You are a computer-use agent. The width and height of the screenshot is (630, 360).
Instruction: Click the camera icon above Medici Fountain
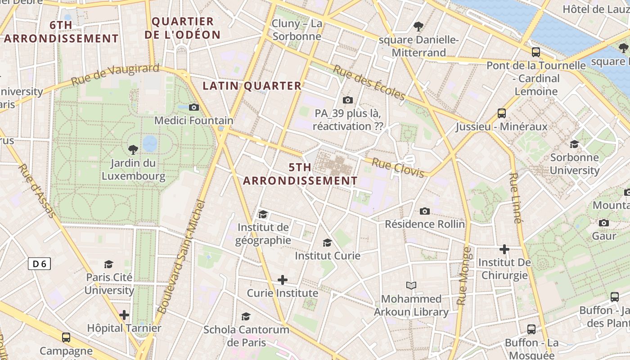coord(194,107)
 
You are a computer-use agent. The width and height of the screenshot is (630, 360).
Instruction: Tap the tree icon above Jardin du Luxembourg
coord(133,149)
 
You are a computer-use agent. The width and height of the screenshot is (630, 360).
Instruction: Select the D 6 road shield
coord(39,264)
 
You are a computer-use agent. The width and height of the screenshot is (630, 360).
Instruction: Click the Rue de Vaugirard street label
coord(115,75)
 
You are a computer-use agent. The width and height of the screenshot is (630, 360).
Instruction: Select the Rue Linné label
coord(516,198)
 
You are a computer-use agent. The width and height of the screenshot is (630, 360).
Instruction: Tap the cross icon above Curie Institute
coord(283,280)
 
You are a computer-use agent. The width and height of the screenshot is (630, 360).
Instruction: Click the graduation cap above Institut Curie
coord(327,243)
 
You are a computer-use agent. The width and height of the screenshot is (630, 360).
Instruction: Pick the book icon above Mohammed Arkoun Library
coord(411,285)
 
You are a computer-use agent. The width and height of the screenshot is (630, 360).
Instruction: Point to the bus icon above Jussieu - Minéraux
coord(502,113)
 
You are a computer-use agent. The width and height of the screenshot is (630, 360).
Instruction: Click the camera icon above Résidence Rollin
coord(424,211)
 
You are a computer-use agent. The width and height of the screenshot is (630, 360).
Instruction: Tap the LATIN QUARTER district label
coord(252,85)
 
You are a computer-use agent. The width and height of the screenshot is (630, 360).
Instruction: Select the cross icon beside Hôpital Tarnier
coord(125,315)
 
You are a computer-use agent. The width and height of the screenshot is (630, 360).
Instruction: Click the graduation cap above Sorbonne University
coord(574,144)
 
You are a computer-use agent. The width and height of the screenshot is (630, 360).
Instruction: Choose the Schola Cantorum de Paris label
coord(246,336)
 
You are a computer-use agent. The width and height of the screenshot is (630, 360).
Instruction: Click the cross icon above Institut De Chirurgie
coord(504,249)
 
